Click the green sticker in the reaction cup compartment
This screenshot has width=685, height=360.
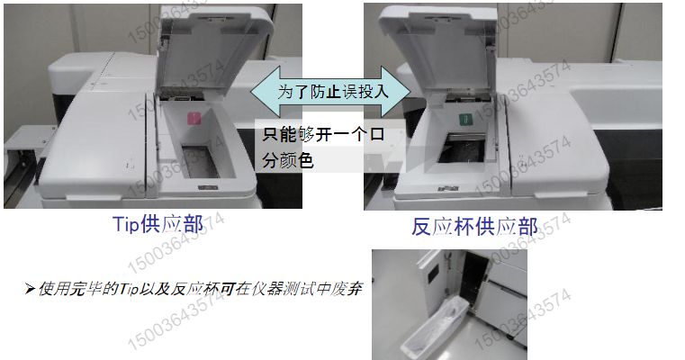pyautogui.click(x=464, y=119)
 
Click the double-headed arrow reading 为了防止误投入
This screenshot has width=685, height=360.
pyautogui.click(x=329, y=91)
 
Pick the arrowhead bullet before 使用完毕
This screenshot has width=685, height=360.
pyautogui.click(x=30, y=289)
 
